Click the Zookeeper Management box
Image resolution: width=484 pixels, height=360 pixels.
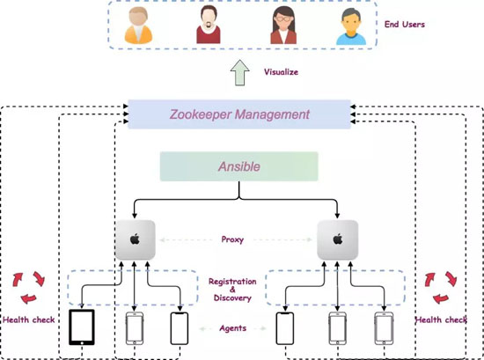coord(239,114)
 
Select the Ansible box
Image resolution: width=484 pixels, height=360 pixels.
coord(238,166)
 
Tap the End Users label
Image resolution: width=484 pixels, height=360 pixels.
coord(405,25)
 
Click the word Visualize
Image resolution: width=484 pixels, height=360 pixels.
coord(281,72)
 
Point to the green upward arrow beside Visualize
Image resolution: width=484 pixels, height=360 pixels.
coord(240,72)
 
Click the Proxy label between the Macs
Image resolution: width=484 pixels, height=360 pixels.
coord(232,239)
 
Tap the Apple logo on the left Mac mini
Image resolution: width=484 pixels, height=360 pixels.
coord(135,239)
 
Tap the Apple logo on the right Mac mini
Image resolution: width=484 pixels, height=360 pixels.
coord(338,239)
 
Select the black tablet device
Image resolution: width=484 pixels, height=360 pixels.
coord(82,327)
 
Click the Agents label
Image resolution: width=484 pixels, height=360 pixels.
coord(232,328)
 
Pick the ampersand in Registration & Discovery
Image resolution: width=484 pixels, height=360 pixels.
coord(232,290)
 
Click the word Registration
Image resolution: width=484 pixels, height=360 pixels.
coord(232,282)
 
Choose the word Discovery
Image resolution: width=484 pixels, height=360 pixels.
coord(232,298)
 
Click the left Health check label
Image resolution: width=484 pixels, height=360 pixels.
coord(29,320)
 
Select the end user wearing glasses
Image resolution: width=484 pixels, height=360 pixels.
coord(283,26)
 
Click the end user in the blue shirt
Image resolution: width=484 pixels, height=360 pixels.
coord(351,26)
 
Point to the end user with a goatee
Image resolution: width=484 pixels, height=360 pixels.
coord(209,25)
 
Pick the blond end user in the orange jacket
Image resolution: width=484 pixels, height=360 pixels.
coord(138,26)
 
